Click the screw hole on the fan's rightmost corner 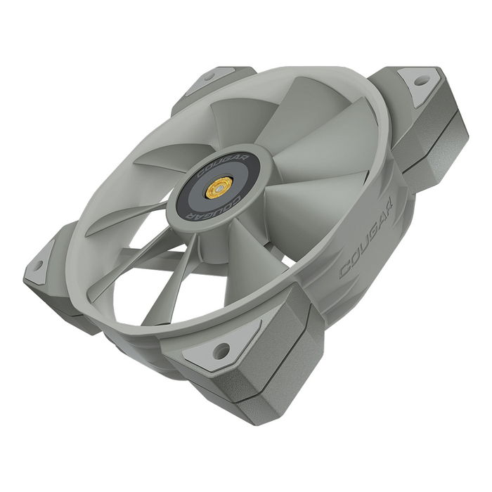point(420,81)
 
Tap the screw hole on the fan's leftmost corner point(38,264)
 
